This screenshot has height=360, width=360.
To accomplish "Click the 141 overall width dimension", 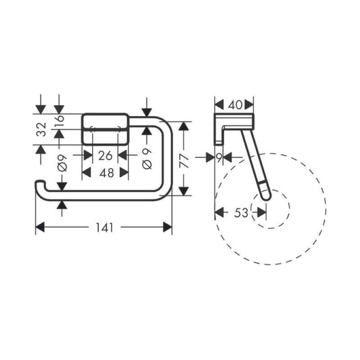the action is point(104,228).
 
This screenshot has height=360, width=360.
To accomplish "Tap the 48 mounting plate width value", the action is point(107,173).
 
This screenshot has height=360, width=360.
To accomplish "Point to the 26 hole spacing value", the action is point(105,156).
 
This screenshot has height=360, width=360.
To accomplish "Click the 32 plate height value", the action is point(41,129).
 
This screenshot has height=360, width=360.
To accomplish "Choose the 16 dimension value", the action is point(59,121).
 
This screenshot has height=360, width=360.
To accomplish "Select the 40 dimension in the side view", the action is point(235,105).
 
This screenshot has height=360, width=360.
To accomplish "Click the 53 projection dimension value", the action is point(241,212).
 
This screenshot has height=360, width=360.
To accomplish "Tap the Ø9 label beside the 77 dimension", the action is point(147,159).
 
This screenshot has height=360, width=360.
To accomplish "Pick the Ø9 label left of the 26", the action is point(62,163).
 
